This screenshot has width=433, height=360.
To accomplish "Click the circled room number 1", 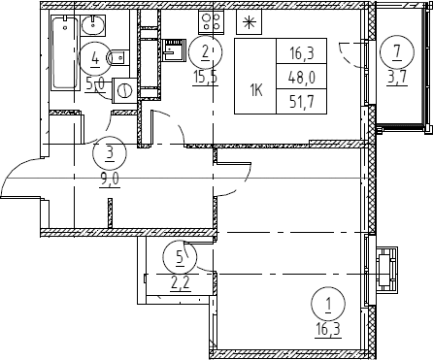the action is point(328,304).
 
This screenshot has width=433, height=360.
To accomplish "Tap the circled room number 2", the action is point(206,51).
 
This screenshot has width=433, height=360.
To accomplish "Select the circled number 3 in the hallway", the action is point(110,152).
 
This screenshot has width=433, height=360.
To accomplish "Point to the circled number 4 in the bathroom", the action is point(95,59).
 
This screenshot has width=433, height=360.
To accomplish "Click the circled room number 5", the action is point(180,257).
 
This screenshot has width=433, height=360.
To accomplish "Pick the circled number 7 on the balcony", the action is point(397,51).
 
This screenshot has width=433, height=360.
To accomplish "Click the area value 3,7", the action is point(397,78).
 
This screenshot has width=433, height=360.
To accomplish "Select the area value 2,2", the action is point(180,285).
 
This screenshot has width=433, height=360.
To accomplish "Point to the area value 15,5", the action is point(206,78).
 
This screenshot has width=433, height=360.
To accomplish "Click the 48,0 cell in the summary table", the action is point(302,78).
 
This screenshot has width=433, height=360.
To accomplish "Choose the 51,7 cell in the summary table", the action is point(302,101).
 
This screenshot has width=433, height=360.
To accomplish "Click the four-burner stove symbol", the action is point(212,21).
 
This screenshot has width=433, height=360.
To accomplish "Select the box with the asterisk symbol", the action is point(249,21).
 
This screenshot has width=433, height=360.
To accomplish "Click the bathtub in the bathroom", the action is point(66,53).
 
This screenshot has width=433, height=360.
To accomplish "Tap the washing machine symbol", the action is point(124,90).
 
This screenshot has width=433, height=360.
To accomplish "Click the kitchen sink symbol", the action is point(175,49).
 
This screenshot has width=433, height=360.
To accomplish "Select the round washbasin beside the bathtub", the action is point(93,25).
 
